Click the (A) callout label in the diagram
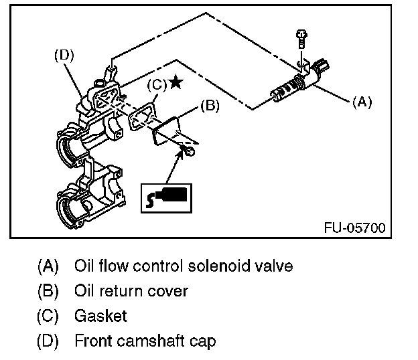coord(362,102)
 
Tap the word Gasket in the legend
coord(100,316)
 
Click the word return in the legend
coord(119,291)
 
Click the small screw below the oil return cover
coord(192,152)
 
